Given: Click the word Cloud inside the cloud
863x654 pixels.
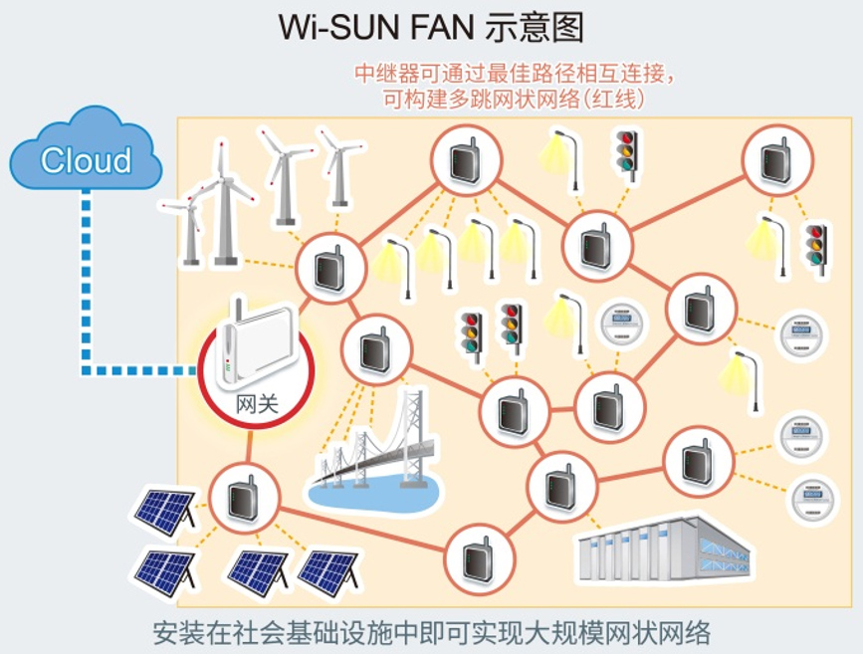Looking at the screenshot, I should click(86, 160).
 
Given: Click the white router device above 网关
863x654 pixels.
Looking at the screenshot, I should click(257, 338).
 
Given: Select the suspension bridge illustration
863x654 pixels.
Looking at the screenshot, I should click(378, 448).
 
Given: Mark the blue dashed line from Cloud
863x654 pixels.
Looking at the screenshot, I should click(88, 289).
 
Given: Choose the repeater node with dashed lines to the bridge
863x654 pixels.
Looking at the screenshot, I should click(374, 349).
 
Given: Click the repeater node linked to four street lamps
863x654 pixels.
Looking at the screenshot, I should click(464, 162).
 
